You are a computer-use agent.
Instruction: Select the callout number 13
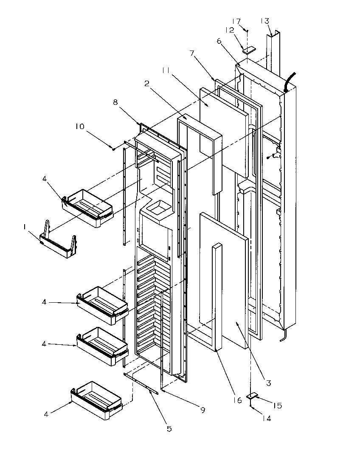264,21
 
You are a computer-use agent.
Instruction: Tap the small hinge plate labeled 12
249,50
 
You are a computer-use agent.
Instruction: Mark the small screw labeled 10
113,148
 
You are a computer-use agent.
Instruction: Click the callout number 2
146,84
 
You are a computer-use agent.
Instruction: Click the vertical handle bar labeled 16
218,297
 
